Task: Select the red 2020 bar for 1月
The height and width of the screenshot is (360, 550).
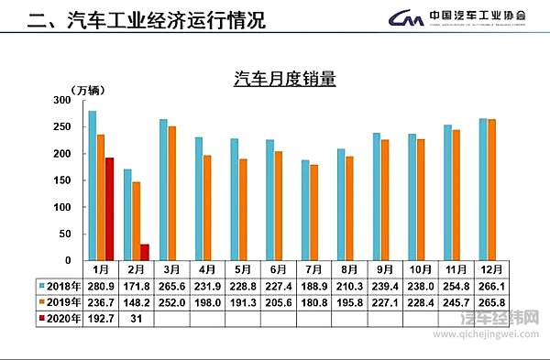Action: (x=109, y=210)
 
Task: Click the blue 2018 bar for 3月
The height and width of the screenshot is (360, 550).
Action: (x=163, y=190)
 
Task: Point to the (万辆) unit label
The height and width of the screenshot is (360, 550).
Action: (x=89, y=89)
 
